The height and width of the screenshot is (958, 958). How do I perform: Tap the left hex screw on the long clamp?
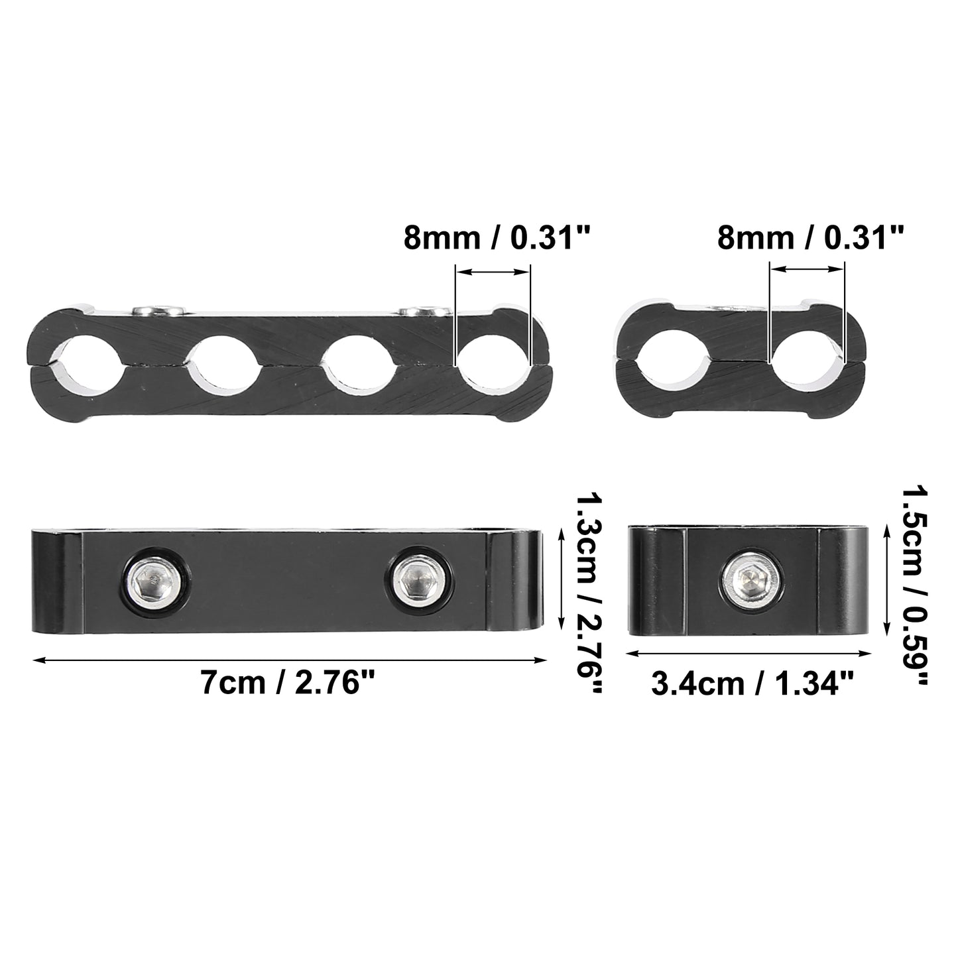coord(154,579)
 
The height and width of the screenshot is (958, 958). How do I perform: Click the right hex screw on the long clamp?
coord(418,579)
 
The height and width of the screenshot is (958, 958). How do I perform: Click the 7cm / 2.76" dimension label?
coord(287,683)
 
